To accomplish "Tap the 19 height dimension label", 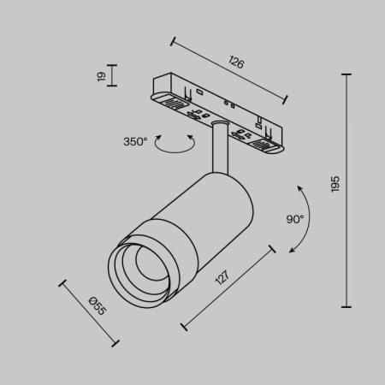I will point(100,77).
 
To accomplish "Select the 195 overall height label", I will point(335,183).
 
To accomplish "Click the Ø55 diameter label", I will point(97,305).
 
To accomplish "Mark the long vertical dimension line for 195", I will point(346,190).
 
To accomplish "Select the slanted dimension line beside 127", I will point(228,287).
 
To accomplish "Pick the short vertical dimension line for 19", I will point(114,77).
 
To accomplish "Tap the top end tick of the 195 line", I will point(346,74).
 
